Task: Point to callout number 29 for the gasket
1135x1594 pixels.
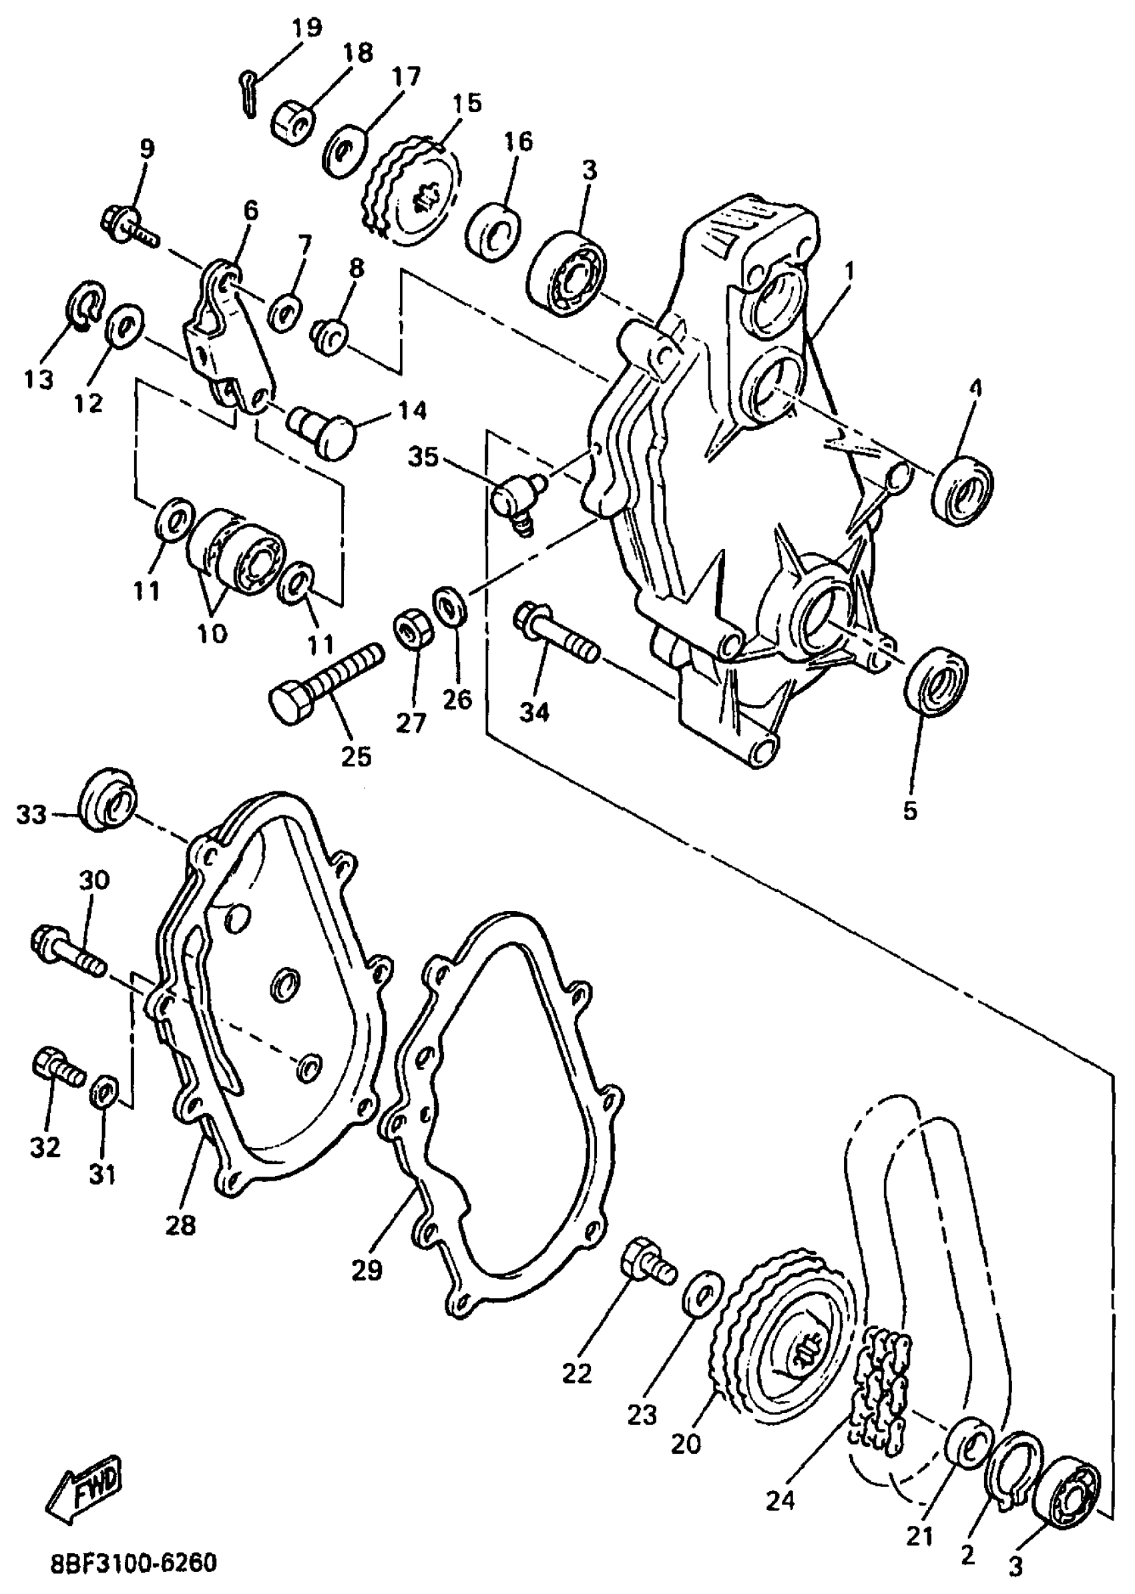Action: pos(367,1269)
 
